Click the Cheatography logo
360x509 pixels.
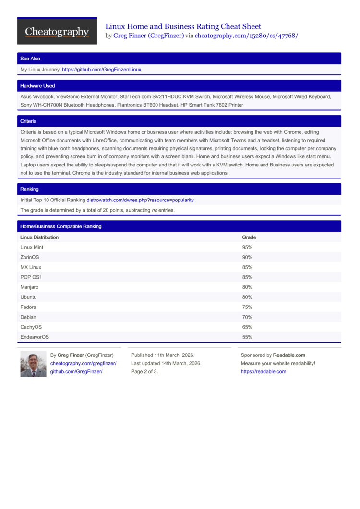point(57,31)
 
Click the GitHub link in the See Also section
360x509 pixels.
point(101,70)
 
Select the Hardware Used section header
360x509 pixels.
point(37,86)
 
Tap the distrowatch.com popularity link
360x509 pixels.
point(140,200)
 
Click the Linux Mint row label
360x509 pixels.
point(32,248)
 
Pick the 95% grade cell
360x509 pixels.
point(247,248)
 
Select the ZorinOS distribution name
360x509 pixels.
point(30,258)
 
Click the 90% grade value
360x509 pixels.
point(247,258)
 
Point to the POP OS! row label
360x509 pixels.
point(31,277)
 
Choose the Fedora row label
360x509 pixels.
point(28,307)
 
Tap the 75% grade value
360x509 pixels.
point(247,307)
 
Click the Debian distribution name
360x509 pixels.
point(28,317)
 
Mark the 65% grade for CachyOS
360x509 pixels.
point(247,327)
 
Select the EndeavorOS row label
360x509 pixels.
point(35,337)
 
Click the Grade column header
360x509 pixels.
point(249,237)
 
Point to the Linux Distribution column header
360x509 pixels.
point(39,237)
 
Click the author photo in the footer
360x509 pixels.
point(33,364)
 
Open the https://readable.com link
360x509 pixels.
point(263,372)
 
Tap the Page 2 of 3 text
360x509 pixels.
point(144,372)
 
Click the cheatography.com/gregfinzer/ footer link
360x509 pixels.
point(84,364)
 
